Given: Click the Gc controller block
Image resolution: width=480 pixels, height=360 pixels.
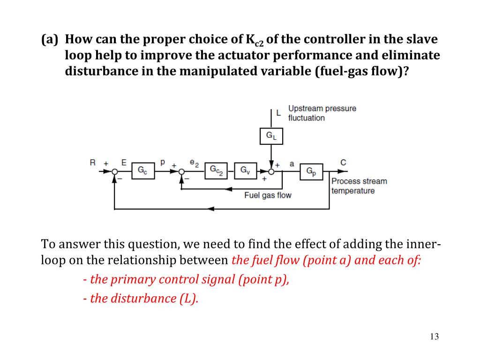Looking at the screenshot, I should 142,172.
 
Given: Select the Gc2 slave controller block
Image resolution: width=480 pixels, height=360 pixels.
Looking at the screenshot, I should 216,172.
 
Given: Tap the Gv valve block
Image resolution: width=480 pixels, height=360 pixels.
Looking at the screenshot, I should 246,172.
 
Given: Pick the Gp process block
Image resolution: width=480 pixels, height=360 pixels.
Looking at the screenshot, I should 312,172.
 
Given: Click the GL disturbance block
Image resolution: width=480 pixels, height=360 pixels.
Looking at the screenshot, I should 271,136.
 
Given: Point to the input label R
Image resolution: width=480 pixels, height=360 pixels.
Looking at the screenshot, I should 93,163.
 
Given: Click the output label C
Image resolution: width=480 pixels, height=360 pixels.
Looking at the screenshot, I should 344,163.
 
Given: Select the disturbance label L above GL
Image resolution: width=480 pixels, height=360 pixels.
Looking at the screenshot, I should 278,112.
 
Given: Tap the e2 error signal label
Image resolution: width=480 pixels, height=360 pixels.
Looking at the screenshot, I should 194,163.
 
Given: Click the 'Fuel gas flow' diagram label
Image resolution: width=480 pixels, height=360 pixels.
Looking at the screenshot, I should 268,195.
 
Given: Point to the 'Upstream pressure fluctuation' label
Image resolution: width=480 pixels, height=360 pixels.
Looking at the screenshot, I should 322,113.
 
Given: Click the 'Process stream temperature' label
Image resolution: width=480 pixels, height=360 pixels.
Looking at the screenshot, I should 359,186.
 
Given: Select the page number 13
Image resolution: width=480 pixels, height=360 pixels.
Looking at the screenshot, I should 434,337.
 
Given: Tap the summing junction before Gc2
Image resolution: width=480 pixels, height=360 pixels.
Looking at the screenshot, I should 181,172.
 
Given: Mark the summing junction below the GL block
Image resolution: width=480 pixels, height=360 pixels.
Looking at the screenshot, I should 271,172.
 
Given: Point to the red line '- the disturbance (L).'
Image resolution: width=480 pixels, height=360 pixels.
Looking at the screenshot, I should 141,299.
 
